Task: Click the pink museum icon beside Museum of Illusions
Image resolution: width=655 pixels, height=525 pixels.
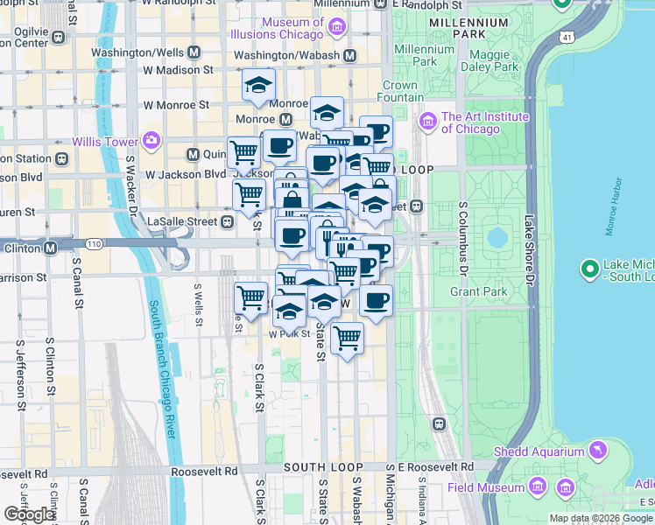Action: (336, 29)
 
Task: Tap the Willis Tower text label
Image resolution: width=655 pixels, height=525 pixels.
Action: (109, 142)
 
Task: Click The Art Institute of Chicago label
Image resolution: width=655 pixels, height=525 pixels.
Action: (485, 122)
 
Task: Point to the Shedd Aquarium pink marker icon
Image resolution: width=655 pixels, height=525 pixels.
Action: (598, 451)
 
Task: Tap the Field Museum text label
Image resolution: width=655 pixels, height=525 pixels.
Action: (487, 487)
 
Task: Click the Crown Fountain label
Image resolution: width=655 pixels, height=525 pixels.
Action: (399, 92)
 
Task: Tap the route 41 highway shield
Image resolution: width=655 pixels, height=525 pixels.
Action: (567, 38)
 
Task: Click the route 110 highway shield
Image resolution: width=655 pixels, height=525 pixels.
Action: (94, 242)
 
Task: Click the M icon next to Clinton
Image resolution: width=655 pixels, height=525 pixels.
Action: (51, 248)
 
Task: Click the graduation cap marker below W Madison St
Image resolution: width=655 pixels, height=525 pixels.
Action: (258, 86)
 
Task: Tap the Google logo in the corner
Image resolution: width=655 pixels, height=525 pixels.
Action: (29, 514)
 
